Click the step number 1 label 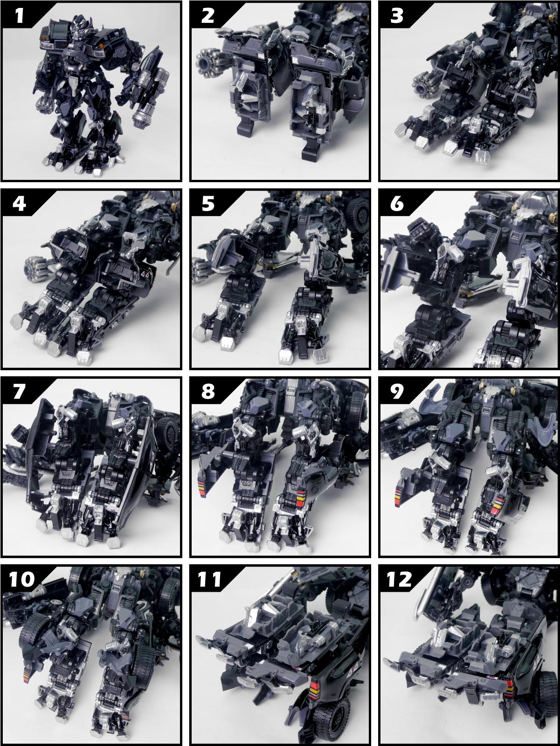click(x=20, y=15)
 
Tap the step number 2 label click(x=208, y=15)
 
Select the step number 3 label click(x=396, y=15)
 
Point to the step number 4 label click(x=20, y=204)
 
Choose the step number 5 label click(x=208, y=204)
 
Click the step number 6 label click(x=396, y=204)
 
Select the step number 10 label click(x=22, y=580)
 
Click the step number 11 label click(x=209, y=580)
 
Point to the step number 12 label click(x=399, y=580)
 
